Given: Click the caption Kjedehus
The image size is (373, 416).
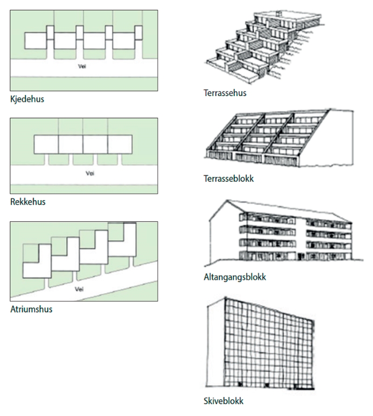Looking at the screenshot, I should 27,98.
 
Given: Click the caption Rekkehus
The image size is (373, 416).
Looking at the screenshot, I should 26,203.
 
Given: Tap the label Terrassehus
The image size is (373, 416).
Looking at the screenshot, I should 225,93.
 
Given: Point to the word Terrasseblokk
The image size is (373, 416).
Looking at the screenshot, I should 228,178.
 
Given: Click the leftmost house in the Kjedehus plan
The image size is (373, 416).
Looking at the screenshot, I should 36,41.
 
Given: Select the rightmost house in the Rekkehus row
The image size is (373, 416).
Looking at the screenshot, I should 120,144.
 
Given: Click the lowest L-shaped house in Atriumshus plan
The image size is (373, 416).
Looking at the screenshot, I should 36,265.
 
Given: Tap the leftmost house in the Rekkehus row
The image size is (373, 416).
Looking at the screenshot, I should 46,144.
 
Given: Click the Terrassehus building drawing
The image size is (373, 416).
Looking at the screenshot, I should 252,47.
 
